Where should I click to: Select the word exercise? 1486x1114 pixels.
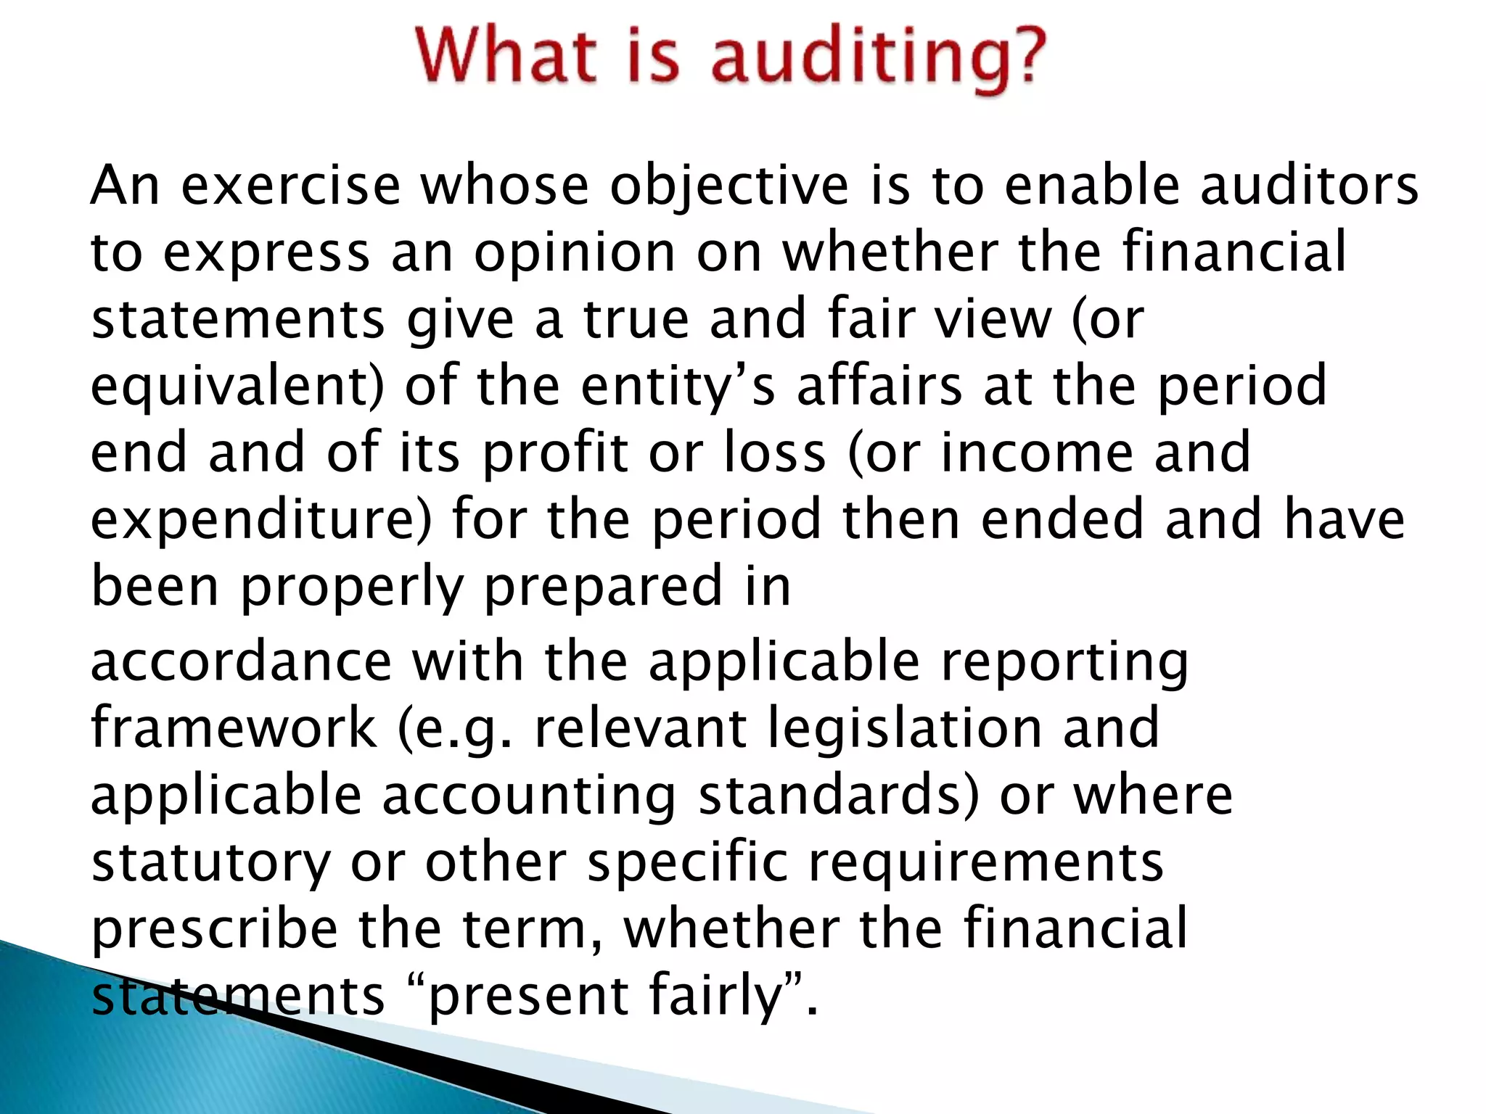point(290,186)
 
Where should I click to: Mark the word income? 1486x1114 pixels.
point(1037,453)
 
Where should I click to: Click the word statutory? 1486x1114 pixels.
point(210,863)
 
